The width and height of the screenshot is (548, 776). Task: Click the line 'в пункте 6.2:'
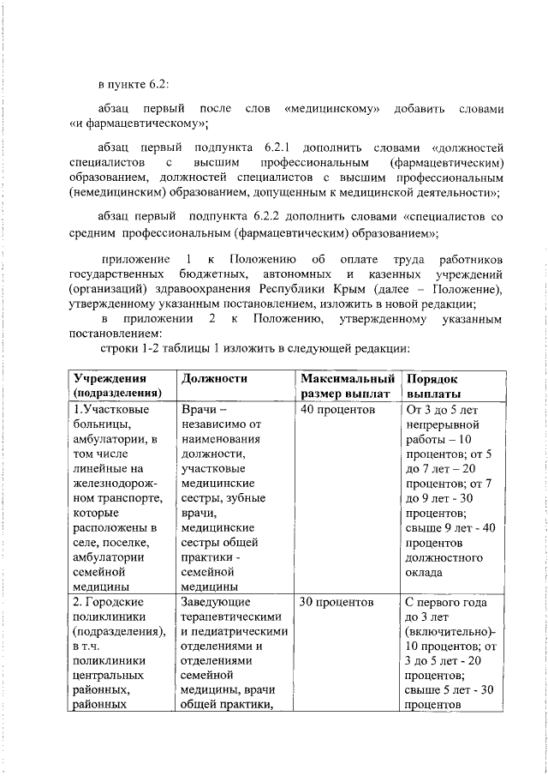[x=133, y=84]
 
